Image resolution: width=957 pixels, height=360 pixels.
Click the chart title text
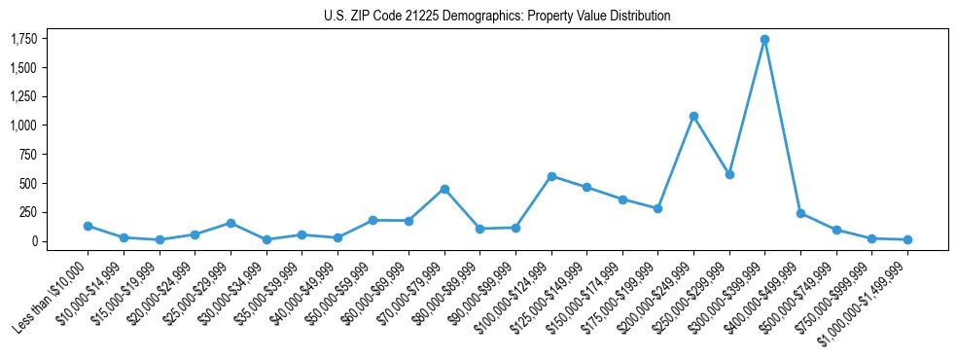497,16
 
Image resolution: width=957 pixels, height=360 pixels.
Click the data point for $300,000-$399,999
764,40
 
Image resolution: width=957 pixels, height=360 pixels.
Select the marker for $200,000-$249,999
693,116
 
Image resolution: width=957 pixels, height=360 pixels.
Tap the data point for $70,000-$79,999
444,189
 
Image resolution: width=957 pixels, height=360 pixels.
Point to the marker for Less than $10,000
88,226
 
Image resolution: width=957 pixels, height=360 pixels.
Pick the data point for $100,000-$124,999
551,176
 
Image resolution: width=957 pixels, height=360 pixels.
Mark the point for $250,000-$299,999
729,174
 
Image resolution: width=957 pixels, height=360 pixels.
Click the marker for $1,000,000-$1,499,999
907,239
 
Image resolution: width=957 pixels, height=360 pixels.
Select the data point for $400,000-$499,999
800,213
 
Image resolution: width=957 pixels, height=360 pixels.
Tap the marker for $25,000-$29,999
230,223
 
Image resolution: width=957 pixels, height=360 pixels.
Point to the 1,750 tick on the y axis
23,39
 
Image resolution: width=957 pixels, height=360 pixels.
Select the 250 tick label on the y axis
28,212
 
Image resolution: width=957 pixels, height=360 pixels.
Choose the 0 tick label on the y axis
34,241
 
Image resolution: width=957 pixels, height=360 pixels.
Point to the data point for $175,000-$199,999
657,208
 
